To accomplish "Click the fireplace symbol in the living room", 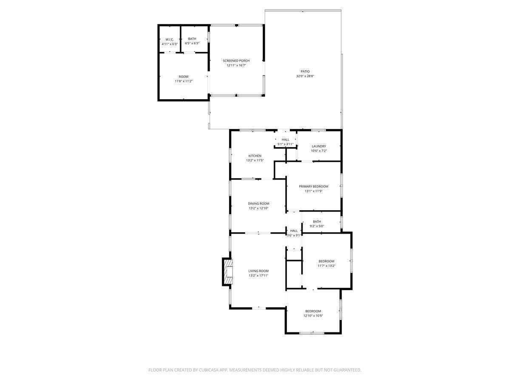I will (228, 271).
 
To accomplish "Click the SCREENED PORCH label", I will (236, 61).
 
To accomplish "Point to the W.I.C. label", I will (170, 39).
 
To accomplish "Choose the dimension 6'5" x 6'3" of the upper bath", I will (192, 43).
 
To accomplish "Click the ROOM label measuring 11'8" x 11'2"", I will (184, 77).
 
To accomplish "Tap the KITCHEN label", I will (255, 156).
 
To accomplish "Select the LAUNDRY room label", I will (319, 146).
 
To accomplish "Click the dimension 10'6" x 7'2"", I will (319, 151).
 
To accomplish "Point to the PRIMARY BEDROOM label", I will (314, 186).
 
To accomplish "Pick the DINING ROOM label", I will (259, 203).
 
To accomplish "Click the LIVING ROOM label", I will (258, 271).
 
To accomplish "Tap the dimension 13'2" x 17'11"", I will (258, 275).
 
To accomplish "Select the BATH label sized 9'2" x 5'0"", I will (317, 221).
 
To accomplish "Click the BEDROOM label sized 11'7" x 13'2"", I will (326, 261).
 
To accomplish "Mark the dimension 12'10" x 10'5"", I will (313, 316).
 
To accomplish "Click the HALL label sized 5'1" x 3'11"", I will (285, 140).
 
